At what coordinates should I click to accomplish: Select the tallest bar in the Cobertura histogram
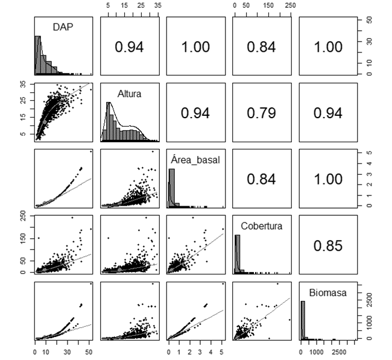237,254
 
